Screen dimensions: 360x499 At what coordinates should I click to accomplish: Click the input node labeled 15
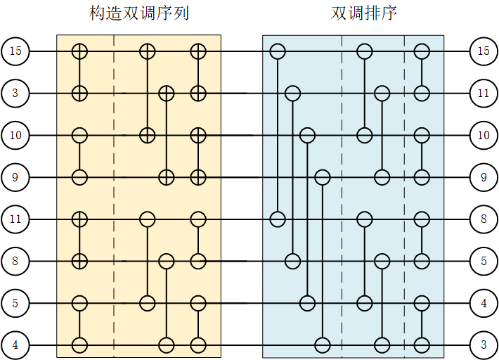tap(15, 51)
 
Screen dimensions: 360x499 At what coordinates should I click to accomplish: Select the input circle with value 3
tap(15, 93)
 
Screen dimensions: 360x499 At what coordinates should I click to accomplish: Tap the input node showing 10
tap(15, 135)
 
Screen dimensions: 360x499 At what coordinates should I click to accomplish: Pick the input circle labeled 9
tap(15, 177)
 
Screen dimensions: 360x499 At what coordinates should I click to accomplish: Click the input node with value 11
tap(15, 219)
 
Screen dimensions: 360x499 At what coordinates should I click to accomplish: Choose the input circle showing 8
tap(15, 262)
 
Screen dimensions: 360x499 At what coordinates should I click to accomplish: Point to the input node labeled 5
tap(15, 304)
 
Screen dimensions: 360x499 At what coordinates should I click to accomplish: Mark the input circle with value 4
tap(15, 345)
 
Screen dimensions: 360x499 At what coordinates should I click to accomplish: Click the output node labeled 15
tap(484, 51)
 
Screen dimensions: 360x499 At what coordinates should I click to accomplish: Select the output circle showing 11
tap(484, 93)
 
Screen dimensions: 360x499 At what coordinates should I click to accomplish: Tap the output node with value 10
tap(484, 135)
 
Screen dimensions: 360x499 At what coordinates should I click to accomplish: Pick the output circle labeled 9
tap(484, 177)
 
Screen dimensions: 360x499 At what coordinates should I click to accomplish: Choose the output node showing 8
tap(484, 219)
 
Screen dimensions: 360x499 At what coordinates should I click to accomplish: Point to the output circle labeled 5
tap(484, 262)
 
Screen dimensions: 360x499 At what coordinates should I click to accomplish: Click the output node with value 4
tap(484, 304)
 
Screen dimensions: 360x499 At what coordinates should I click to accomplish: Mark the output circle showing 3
tap(484, 345)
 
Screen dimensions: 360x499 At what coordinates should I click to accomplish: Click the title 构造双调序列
tap(139, 13)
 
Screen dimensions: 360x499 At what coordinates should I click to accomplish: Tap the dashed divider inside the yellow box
tap(114, 197)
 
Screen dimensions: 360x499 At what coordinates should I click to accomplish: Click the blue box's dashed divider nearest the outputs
tap(404, 197)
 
